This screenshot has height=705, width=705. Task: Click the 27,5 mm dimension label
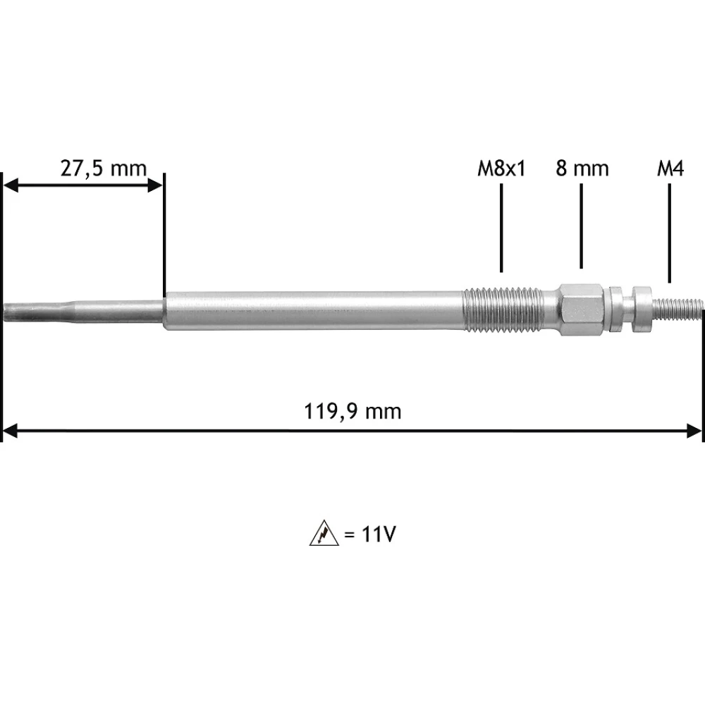click(104, 169)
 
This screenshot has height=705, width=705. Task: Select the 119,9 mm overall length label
click(353, 412)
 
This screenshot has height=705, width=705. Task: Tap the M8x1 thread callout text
click(501, 169)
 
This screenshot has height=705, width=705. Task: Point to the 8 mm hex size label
click(582, 168)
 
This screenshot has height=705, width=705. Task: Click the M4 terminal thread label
click(670, 169)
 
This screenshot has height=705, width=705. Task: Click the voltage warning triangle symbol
click(324, 533)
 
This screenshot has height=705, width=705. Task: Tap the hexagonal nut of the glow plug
click(582, 309)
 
